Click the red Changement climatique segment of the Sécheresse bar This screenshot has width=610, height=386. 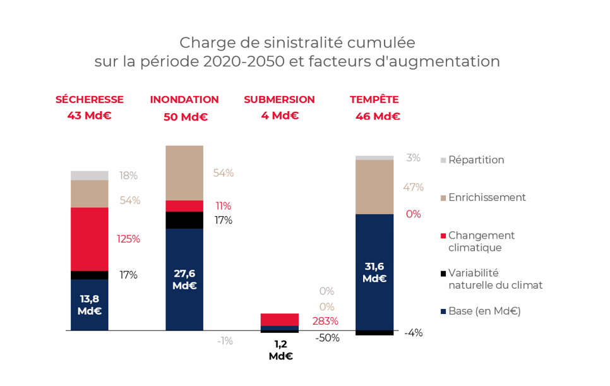[90, 239]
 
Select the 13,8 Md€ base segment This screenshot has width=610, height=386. [90, 305]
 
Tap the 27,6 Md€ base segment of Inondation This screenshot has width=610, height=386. [184, 279]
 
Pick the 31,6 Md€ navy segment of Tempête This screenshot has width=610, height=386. [374, 272]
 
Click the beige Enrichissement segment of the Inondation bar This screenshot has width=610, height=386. [184, 172]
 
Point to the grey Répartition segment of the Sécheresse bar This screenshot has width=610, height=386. [90, 176]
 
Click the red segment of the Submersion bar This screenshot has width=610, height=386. [280, 319]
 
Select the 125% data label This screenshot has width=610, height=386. [128, 239]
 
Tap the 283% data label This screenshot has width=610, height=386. [325, 321]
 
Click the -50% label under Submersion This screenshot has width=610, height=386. [327, 338]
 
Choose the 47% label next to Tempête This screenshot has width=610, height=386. [413, 187]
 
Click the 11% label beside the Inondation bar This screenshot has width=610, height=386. [224, 206]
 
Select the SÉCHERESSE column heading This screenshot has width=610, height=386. [90, 100]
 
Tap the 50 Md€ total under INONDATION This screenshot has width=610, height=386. [185, 117]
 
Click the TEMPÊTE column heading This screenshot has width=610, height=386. [374, 100]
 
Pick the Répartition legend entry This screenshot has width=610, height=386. [476, 160]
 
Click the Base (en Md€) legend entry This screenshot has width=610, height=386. [484, 311]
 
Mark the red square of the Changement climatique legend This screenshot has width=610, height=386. [443, 236]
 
